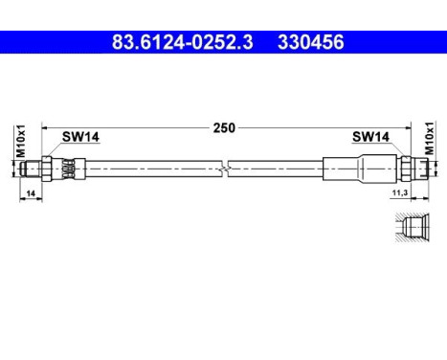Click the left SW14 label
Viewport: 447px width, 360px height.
tap(80, 137)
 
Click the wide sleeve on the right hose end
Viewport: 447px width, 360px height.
tap(358, 169)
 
